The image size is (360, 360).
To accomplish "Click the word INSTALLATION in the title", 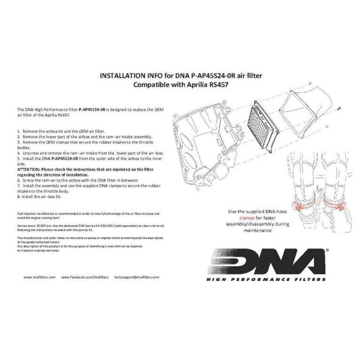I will coord(121,76).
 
